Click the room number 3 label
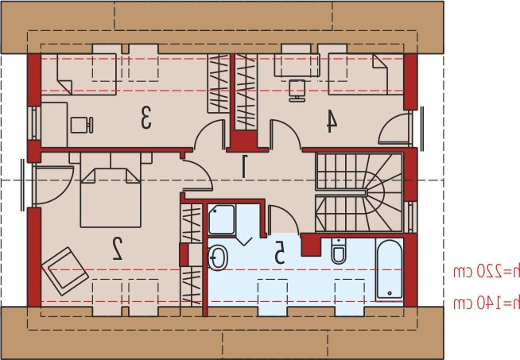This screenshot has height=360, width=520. coord(146,118)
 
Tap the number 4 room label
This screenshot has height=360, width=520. coord(332,122)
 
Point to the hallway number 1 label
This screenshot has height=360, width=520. coord(244,166)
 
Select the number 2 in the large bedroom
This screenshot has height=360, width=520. coord(117,249)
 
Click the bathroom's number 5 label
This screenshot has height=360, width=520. coord(280,252)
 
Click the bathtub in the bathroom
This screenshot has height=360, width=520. coord(390,269)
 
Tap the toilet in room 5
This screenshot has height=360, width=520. coord(339,251)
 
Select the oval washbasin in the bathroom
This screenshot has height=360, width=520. coord(218,258)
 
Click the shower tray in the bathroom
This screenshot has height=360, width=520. coord(222,220)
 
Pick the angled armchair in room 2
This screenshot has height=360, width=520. coord(65,271)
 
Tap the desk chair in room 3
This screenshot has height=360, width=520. coord(82,125)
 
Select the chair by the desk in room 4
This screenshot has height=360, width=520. coord(297,91)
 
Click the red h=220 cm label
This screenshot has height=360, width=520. coord(486,272)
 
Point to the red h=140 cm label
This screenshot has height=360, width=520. coord(486,303)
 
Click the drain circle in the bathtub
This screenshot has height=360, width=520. coord(390,293)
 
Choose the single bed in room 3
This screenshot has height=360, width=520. coord(79,74)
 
